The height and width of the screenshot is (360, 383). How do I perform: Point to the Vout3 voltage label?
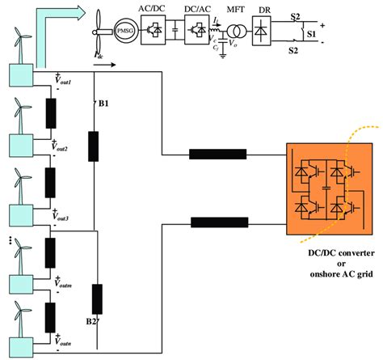(x=65, y=215)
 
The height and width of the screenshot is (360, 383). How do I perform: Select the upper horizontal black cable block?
(x=217, y=155)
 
